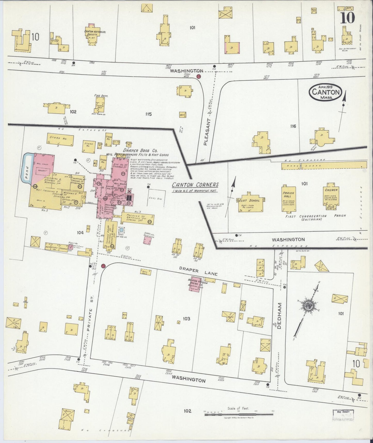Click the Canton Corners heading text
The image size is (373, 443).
[195, 185]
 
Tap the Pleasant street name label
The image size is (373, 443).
[206, 132]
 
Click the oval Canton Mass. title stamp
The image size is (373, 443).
[326, 92]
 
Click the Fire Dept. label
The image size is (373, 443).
[101, 96]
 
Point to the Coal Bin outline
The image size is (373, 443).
[157, 198]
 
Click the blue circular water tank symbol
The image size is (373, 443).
[122, 230]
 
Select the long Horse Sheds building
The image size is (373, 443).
[324, 165]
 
